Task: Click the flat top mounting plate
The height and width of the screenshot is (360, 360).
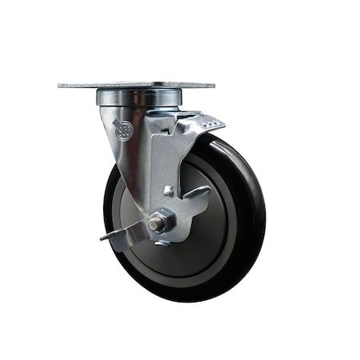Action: [136, 84]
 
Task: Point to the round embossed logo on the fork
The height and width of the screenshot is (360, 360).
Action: [122, 130]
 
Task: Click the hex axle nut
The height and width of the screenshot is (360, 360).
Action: [158, 222]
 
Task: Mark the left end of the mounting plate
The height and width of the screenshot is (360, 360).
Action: [62, 85]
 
